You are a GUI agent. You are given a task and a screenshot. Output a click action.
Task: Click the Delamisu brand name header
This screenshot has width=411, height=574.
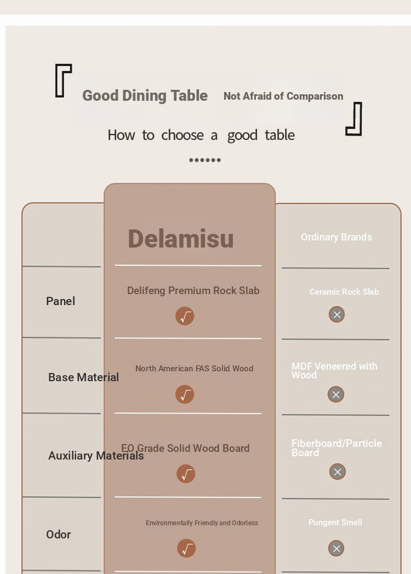point(181,239)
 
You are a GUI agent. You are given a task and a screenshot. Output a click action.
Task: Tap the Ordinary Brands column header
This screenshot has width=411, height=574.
point(336,237)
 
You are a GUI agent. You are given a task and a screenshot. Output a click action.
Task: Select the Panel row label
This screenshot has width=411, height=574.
point(60,301)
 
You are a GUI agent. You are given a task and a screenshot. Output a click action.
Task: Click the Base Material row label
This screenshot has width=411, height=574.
point(83,377)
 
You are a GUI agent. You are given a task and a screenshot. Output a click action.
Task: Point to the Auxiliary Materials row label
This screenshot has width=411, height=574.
point(96,456)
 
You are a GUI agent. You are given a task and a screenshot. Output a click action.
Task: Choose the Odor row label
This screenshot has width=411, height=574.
point(58,535)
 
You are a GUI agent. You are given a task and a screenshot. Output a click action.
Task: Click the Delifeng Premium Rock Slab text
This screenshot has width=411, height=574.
point(193,291)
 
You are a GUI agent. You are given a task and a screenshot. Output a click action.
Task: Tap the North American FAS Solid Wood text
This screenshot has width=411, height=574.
point(194,369)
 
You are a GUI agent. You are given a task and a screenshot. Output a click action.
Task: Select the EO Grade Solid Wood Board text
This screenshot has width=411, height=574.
point(185,449)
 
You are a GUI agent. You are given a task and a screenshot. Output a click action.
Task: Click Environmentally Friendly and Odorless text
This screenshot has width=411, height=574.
point(202,523)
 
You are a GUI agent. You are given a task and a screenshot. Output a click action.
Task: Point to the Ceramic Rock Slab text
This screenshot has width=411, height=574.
point(344,292)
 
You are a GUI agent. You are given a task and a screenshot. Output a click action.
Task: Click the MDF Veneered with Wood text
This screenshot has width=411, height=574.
point(334,370)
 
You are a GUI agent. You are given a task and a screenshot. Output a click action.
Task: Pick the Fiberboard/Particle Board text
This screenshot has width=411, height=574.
point(336,448)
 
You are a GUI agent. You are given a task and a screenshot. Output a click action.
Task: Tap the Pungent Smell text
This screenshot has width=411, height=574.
point(335,523)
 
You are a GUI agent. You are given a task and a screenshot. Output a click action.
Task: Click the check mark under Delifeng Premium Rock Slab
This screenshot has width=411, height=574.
point(185,316)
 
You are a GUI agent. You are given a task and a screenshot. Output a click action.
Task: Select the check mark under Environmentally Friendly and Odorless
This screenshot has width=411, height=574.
point(186,548)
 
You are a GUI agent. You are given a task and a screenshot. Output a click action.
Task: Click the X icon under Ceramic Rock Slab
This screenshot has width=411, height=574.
point(336,314)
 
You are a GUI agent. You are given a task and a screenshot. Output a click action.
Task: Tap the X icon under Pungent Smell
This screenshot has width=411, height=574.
point(336,548)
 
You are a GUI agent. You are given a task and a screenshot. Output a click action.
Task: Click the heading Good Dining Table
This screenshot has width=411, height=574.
point(145,96)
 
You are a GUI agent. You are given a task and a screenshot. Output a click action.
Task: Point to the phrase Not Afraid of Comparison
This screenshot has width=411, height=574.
point(283,96)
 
